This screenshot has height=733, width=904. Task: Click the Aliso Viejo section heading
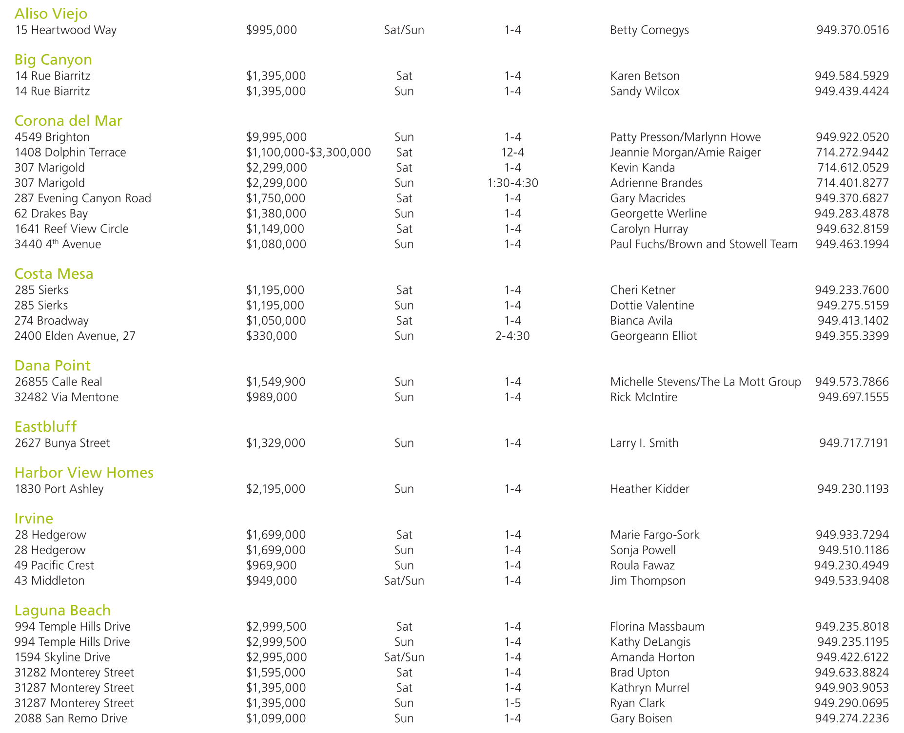pos(51,14)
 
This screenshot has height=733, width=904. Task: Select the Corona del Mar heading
pos(68,120)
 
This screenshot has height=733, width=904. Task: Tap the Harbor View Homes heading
pos(84,472)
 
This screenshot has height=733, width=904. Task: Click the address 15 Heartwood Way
pos(65,30)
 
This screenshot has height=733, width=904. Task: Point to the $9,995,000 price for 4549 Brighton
pos(276,137)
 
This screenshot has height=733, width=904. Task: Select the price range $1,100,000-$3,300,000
pos(308,153)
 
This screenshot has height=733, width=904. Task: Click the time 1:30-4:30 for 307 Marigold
pos(512,183)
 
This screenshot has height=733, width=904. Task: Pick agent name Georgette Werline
pos(658,213)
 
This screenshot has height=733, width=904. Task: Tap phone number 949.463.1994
pos(852,244)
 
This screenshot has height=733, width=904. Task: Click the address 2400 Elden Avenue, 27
pos(75,336)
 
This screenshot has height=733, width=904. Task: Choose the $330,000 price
pos(271,336)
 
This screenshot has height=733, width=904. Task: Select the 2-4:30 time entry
pos(512,336)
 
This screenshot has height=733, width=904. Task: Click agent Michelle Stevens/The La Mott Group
pos(705,382)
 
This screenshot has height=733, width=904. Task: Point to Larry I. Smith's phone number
pos(853,443)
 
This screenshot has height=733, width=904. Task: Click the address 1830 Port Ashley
pos(59,489)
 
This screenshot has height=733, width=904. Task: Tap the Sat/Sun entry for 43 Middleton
pos(404,581)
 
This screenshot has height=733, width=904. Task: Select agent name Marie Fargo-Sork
pos(654,535)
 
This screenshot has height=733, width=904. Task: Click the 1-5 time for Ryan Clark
pos(512,703)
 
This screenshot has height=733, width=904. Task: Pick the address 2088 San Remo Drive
pos(71,718)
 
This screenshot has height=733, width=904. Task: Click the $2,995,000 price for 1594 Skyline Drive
pos(276,657)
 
